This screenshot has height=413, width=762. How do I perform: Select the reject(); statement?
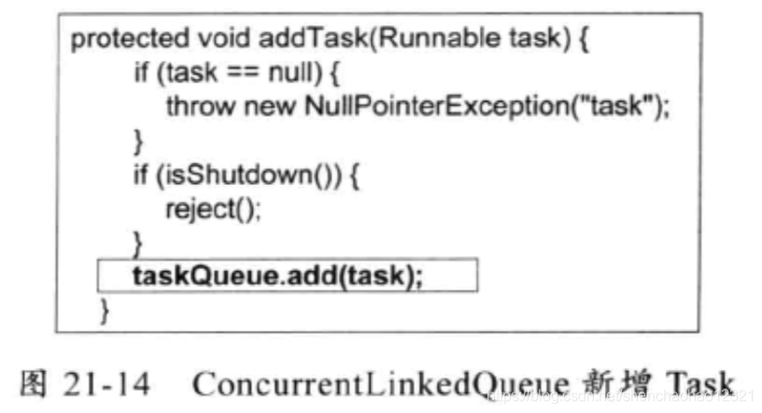[213, 208]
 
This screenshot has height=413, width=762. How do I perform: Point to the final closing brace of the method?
[105, 308]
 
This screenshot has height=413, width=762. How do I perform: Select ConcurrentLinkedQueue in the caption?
[378, 383]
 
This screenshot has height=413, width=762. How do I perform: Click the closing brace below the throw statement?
[138, 142]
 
